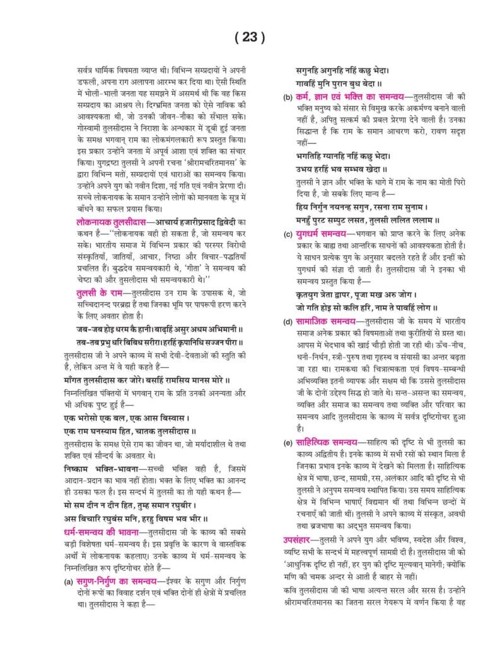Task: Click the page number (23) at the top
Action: [250, 37]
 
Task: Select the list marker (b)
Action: [288, 98]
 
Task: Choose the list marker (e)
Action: [288, 443]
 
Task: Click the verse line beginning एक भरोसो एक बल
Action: [127, 418]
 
